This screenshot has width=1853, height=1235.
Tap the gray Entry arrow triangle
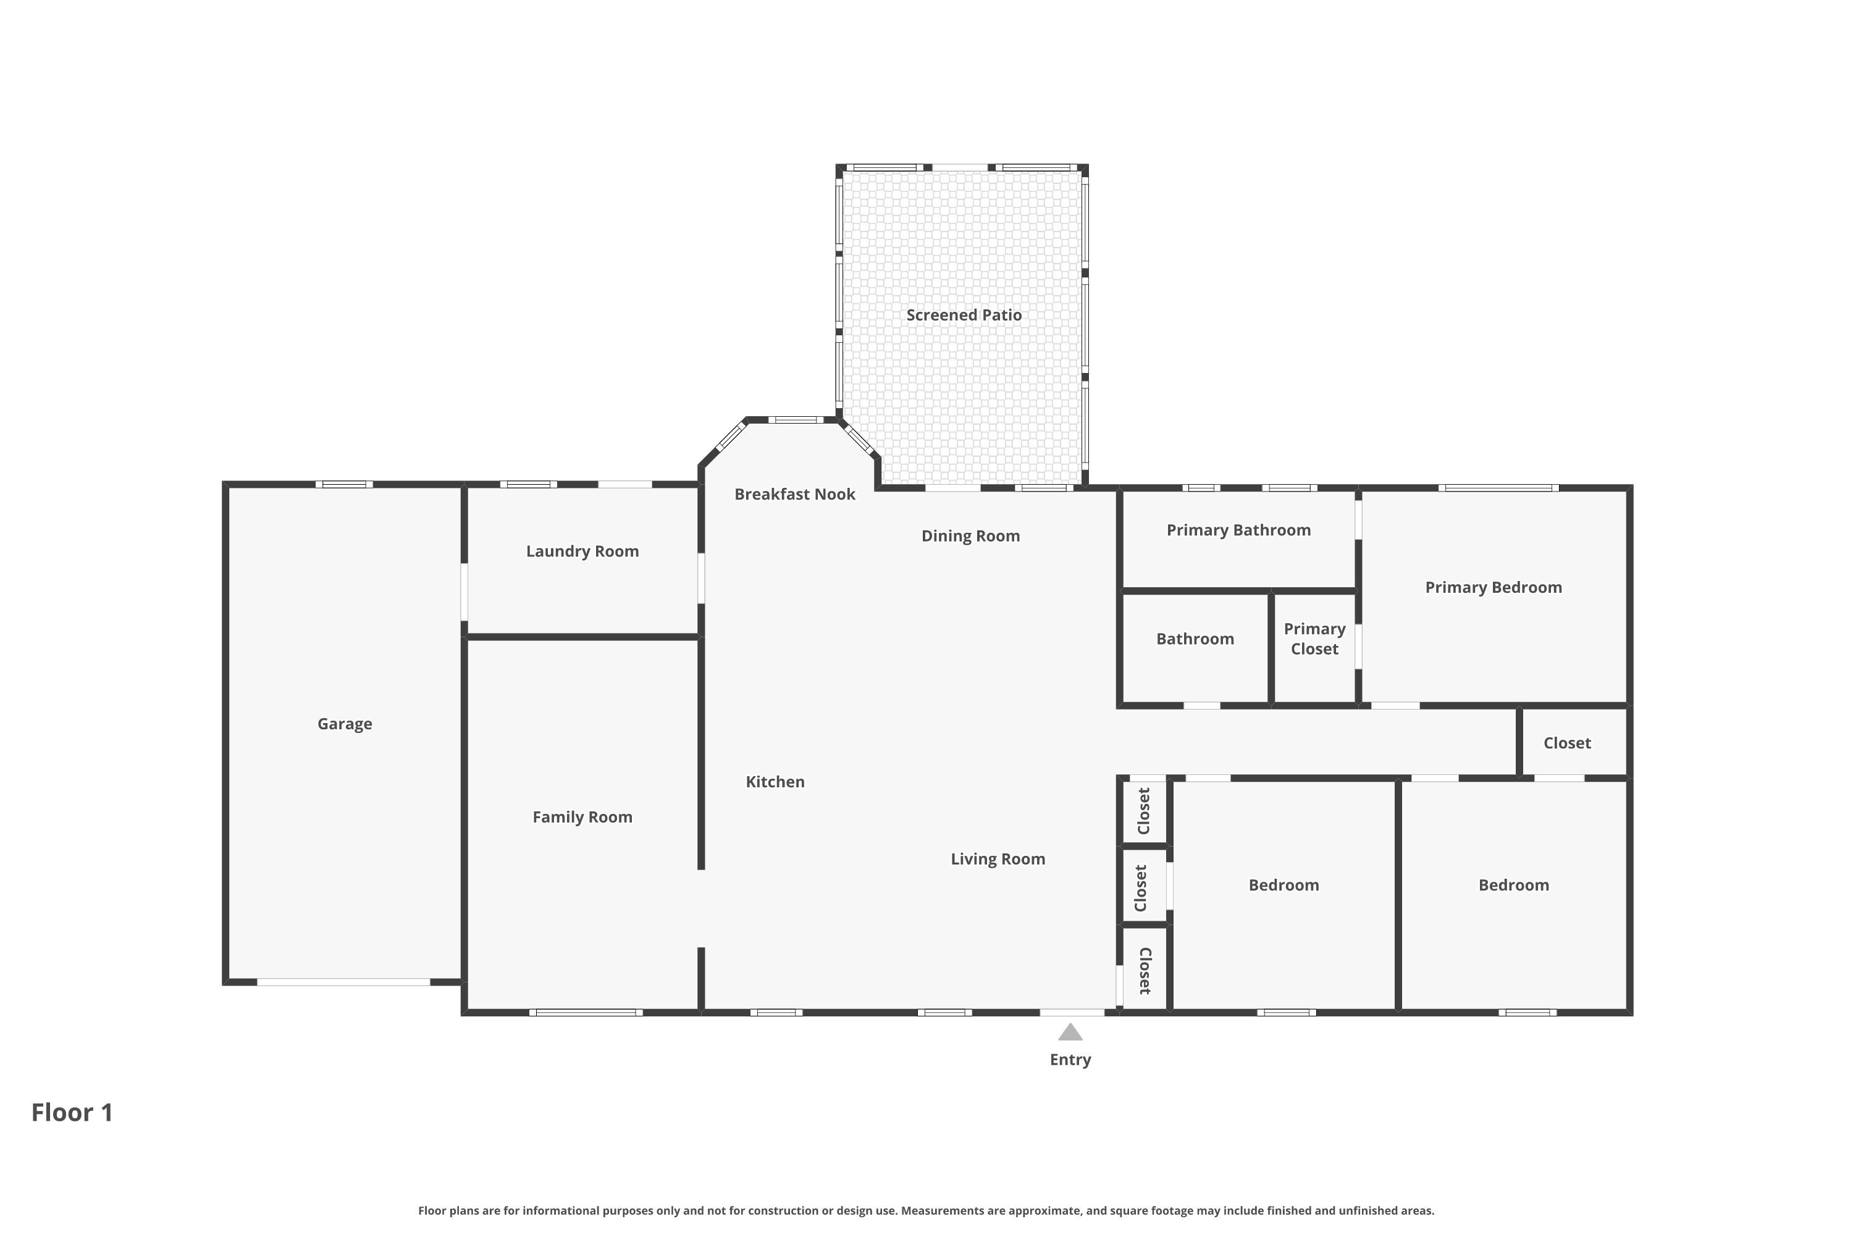click(1070, 1032)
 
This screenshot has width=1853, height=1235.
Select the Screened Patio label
click(964, 315)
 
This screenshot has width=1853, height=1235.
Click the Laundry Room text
click(582, 551)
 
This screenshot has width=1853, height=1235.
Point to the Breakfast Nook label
click(794, 495)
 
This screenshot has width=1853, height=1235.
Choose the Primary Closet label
click(1314, 638)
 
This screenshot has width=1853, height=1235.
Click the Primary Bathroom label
click(1238, 530)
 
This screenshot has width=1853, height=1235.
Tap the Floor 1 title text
click(72, 1113)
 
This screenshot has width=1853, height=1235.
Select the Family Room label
click(582, 817)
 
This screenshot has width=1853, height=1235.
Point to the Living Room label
click(998, 860)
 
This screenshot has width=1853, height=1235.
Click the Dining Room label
click(970, 537)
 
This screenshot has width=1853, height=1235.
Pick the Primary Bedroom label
click(1493, 588)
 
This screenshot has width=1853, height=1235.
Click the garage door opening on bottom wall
click(343, 982)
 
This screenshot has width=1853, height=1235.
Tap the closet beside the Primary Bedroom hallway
click(1567, 743)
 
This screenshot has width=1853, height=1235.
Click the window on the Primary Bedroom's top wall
click(1498, 488)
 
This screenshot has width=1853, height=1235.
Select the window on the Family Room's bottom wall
click(586, 1013)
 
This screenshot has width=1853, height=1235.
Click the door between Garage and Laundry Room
click(464, 592)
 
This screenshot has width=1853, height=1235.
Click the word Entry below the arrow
click(1070, 1060)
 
